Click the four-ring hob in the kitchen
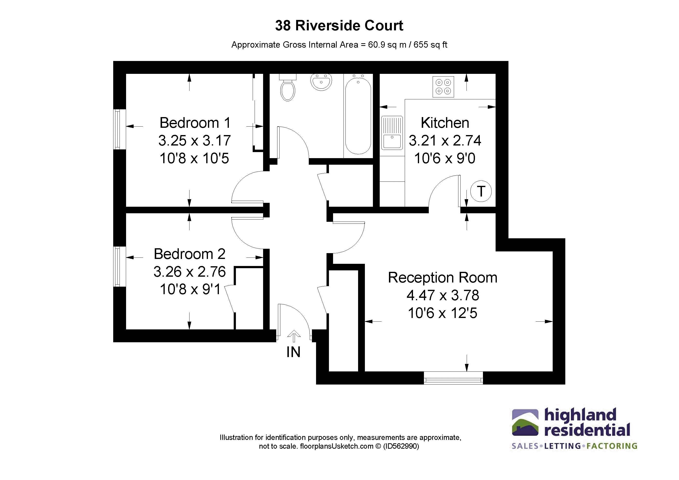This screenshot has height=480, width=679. click(443, 87)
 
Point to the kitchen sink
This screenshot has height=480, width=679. click(392, 133)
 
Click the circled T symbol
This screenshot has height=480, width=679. click(481, 191)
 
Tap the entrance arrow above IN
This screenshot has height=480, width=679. click(294, 336)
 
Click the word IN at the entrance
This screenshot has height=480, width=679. click(293, 352)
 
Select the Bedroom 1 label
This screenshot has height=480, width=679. click(195, 123)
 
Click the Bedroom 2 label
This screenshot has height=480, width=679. click(189, 254)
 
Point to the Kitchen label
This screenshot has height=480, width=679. click(445, 123)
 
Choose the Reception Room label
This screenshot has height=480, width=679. click(442, 277)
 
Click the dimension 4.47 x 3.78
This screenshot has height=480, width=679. click(442, 295)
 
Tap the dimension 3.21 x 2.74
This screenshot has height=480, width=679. click(445, 140)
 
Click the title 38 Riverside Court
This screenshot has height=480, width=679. click(339, 26)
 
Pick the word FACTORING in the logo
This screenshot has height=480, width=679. click(611, 446)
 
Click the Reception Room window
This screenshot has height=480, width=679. click(453, 378)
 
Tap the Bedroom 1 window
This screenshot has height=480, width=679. click(117, 129)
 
